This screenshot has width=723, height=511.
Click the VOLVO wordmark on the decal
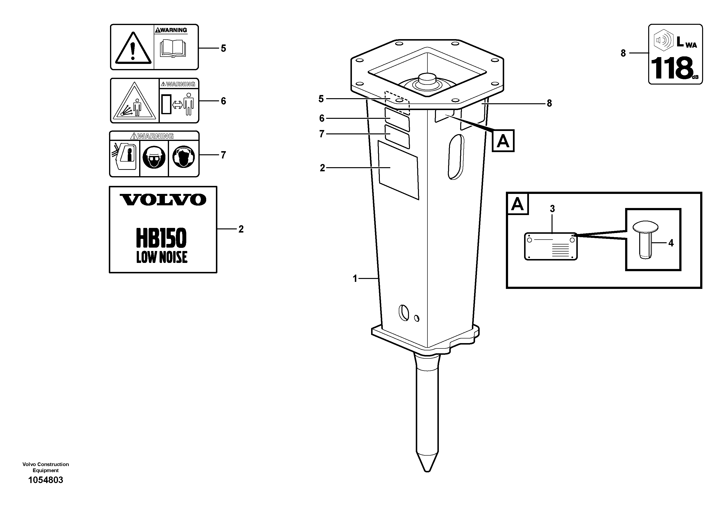[x=163, y=200]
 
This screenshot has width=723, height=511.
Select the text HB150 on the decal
[x=161, y=238]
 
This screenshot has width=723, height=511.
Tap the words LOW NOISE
[x=162, y=257]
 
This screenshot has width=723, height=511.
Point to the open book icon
[x=173, y=49]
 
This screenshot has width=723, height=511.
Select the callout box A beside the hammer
[x=503, y=141]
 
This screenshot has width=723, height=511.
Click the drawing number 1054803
[x=46, y=480]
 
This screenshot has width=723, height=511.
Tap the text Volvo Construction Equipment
[x=46, y=467]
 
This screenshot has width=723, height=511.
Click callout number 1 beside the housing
[x=355, y=278]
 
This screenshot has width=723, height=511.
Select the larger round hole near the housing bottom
[x=404, y=312]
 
